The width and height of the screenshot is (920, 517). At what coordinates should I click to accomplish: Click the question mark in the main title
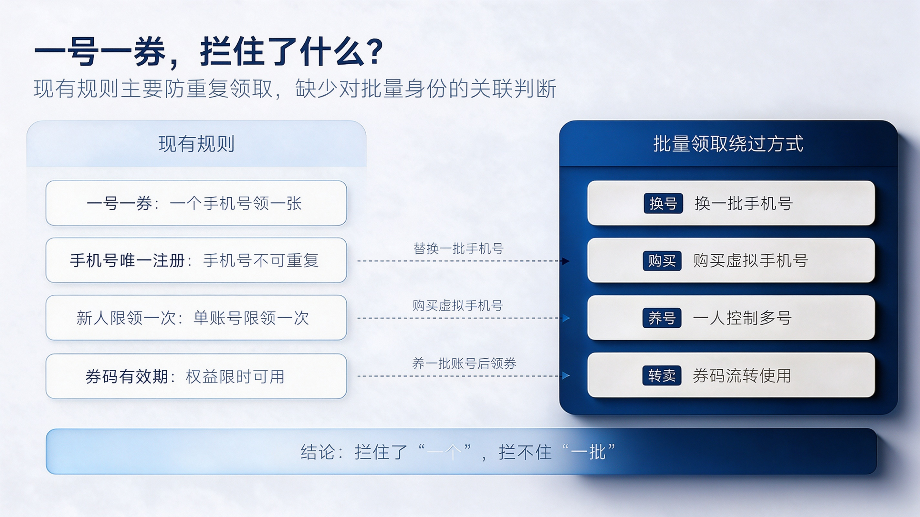(375, 52)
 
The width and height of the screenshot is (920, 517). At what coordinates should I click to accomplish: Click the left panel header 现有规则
(196, 144)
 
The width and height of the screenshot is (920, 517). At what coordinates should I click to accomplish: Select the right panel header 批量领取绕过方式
(728, 144)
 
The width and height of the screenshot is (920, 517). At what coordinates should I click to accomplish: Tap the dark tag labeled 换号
(663, 203)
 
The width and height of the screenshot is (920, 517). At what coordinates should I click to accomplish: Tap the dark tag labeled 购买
(662, 261)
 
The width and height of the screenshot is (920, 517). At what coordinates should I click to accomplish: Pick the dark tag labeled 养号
(662, 318)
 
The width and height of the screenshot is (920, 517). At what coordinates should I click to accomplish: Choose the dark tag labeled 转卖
(662, 375)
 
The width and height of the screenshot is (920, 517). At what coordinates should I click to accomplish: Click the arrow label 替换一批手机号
(459, 248)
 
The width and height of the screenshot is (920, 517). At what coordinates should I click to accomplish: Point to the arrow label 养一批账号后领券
(464, 364)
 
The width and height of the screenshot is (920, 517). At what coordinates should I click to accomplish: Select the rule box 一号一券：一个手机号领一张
(196, 203)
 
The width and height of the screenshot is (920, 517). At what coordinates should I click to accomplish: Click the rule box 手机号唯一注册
(196, 260)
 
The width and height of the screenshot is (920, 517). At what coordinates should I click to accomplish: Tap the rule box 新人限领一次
(196, 318)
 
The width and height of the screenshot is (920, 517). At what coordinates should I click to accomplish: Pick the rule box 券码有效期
(196, 376)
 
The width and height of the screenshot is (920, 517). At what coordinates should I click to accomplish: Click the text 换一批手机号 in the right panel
(744, 203)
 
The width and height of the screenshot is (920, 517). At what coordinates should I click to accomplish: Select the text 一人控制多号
(742, 318)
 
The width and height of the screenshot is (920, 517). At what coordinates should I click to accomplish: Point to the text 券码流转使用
(742, 375)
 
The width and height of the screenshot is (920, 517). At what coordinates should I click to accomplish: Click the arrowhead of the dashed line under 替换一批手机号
(566, 261)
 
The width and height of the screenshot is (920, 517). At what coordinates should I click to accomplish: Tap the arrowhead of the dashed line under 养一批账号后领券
(566, 376)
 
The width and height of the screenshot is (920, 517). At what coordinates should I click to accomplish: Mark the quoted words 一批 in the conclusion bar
(588, 452)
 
